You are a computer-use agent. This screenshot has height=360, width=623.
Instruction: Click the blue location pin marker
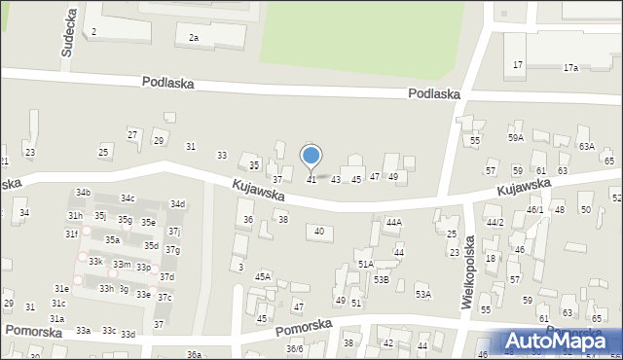(x=311, y=156)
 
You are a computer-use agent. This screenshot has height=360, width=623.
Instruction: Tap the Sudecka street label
(x=69, y=36)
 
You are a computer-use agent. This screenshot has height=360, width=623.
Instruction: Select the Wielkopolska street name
(x=469, y=271)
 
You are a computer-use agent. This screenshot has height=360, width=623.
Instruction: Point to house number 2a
(x=194, y=38)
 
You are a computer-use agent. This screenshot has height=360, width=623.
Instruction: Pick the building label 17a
(x=570, y=68)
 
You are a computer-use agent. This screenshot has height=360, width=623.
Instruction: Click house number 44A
(x=393, y=223)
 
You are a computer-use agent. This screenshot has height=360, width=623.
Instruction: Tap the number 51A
(x=365, y=264)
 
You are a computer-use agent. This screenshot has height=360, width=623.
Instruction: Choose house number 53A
(x=422, y=294)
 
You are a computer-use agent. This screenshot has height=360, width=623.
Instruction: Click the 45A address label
(x=263, y=277)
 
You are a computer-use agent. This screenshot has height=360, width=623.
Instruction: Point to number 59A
(x=515, y=138)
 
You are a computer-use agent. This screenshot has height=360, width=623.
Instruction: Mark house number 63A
(x=586, y=146)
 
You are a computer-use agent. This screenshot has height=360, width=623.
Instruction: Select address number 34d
(x=177, y=204)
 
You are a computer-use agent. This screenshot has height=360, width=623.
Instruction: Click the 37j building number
(x=173, y=232)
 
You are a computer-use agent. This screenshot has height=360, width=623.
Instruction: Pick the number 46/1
(x=534, y=209)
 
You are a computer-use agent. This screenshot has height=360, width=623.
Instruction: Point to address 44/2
(x=495, y=223)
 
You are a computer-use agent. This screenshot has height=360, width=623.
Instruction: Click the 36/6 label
(x=294, y=349)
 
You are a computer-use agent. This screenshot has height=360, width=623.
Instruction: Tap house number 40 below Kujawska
(x=318, y=231)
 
